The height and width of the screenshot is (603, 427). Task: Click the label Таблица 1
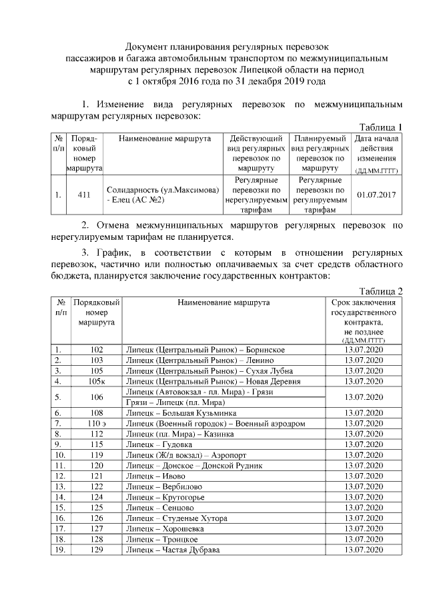381,127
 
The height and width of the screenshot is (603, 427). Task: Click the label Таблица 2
381,291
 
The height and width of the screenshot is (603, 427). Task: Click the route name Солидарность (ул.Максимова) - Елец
163,195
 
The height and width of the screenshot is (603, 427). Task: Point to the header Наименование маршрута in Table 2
224,302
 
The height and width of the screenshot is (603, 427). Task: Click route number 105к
97,381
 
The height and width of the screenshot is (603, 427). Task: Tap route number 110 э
97,423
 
